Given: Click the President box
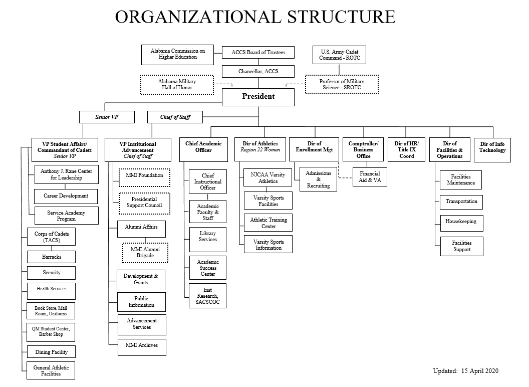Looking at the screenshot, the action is pyautogui.click(x=258, y=97).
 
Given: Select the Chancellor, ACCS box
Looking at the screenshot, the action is pyautogui.click(x=258, y=72).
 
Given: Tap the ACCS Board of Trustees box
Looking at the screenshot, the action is pyautogui.click(x=258, y=52).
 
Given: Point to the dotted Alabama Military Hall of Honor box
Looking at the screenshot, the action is pyautogui.click(x=177, y=84).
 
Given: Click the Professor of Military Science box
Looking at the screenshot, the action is pyautogui.click(x=342, y=84).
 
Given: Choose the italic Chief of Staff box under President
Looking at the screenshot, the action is pyautogui.click(x=175, y=117).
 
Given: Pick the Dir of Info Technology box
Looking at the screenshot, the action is pyautogui.click(x=492, y=150).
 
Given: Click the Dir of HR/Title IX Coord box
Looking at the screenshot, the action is pyautogui.click(x=407, y=149).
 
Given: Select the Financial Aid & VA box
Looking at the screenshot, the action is pyautogui.click(x=370, y=177).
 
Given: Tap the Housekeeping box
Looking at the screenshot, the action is pyautogui.click(x=461, y=223).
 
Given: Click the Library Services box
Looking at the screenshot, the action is pyautogui.click(x=208, y=240).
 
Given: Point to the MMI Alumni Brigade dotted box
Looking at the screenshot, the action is pyautogui.click(x=145, y=253).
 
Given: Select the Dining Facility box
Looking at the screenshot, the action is pyautogui.click(x=51, y=352).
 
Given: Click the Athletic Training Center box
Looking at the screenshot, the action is pyautogui.click(x=268, y=223).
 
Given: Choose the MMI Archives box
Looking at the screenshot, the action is pyautogui.click(x=142, y=347).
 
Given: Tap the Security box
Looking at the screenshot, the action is pyautogui.click(x=51, y=273).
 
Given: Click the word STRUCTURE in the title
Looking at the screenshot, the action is pyautogui.click(x=341, y=17).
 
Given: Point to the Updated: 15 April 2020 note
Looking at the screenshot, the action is pyautogui.click(x=465, y=371).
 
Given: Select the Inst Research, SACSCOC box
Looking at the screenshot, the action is pyautogui.click(x=208, y=296).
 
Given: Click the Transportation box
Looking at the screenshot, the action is pyautogui.click(x=461, y=202).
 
